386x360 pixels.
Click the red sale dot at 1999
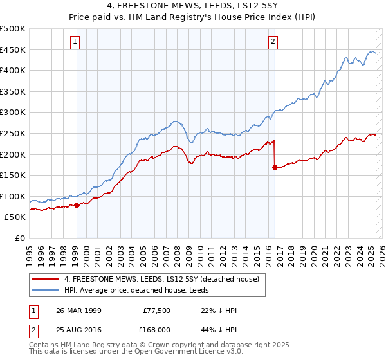tap(77, 205)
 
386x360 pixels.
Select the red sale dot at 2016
tap(275, 167)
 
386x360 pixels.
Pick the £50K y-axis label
tap(15, 217)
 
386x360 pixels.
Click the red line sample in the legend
tap(46, 279)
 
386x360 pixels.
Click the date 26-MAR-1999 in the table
tap(79, 310)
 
